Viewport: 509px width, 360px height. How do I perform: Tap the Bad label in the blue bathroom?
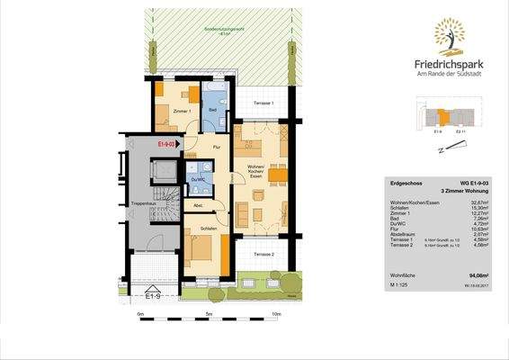(x=212, y=111)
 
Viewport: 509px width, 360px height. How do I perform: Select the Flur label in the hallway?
(x=216, y=147)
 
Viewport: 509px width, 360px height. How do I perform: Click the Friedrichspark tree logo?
(x=449, y=37)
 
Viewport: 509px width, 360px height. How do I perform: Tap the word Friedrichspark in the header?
(x=449, y=64)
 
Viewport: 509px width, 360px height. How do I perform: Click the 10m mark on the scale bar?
(x=276, y=314)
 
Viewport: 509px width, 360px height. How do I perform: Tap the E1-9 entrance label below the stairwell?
(x=154, y=294)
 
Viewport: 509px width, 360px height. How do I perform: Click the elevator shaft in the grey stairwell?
(x=166, y=170)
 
